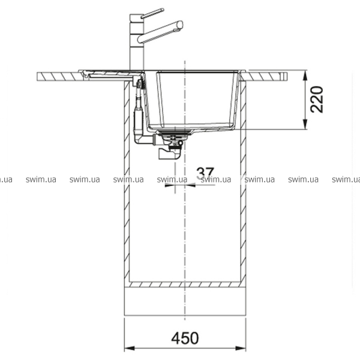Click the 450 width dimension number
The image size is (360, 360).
coord(185,338)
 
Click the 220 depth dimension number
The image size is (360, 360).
coord(317,100)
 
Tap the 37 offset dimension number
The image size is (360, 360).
coord(205,173)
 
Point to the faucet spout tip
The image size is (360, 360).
coord(180,25)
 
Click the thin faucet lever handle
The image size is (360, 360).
coord(152,14)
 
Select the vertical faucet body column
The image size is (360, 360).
coord(137,42)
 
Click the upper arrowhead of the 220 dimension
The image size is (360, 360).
coord(305,75)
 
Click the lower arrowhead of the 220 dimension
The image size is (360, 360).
coord(305,124)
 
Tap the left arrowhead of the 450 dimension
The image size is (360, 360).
coord(130,348)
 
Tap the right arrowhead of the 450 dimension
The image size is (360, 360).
coord(241,348)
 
